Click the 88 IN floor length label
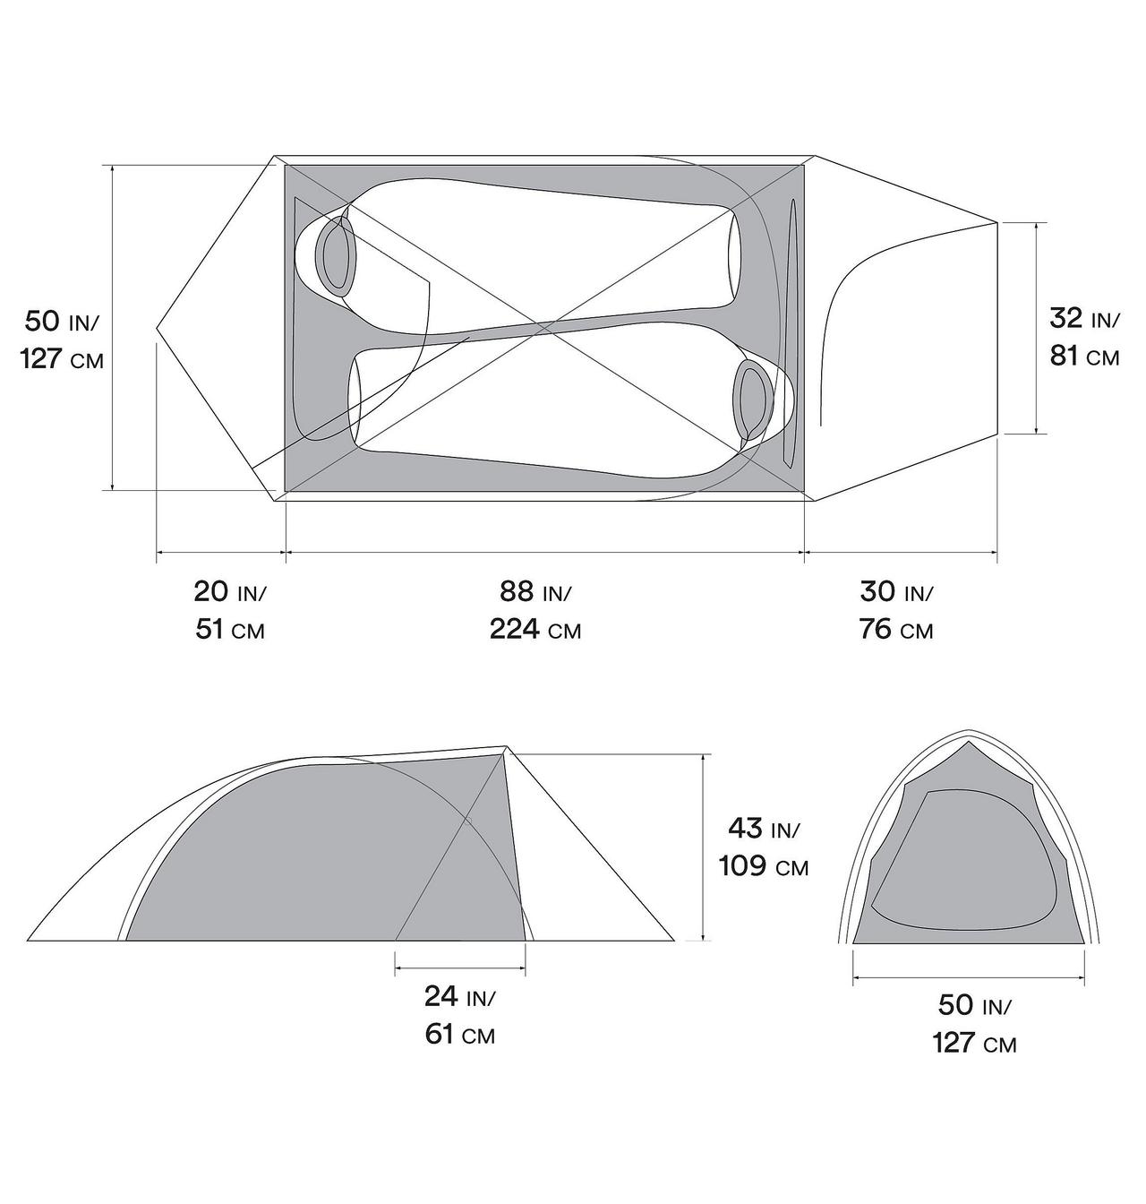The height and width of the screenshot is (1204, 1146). pyautogui.click(x=535, y=592)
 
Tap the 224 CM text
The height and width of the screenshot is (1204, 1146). pyautogui.click(x=535, y=630)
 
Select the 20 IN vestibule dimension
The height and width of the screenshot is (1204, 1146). pyautogui.click(x=230, y=592)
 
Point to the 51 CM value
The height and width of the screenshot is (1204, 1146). pyautogui.click(x=230, y=630)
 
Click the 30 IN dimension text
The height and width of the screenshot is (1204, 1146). pyautogui.click(x=895, y=592)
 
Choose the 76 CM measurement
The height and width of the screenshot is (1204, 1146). pyautogui.click(x=895, y=630)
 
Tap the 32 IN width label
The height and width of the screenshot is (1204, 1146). pyautogui.click(x=1084, y=318)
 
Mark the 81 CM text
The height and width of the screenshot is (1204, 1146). pyautogui.click(x=1084, y=356)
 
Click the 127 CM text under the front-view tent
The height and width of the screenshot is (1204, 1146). pyautogui.click(x=974, y=1044)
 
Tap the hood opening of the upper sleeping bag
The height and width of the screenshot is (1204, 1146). pyautogui.click(x=337, y=256)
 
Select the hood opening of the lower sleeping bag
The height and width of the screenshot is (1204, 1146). pyautogui.click(x=752, y=399)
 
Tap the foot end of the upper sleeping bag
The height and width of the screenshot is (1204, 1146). pyautogui.click(x=735, y=257)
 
